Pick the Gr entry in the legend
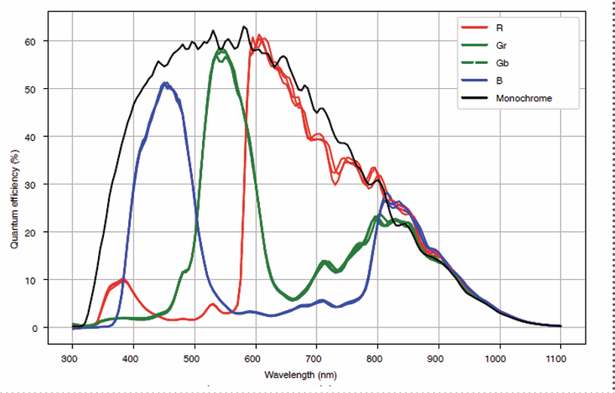click(501, 46)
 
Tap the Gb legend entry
click(502, 63)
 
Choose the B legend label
click(500, 81)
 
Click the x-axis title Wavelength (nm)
click(316, 374)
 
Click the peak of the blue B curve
click(165, 83)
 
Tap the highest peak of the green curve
click(222, 50)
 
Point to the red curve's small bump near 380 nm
click(123, 280)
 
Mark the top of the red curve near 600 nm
click(259, 35)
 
